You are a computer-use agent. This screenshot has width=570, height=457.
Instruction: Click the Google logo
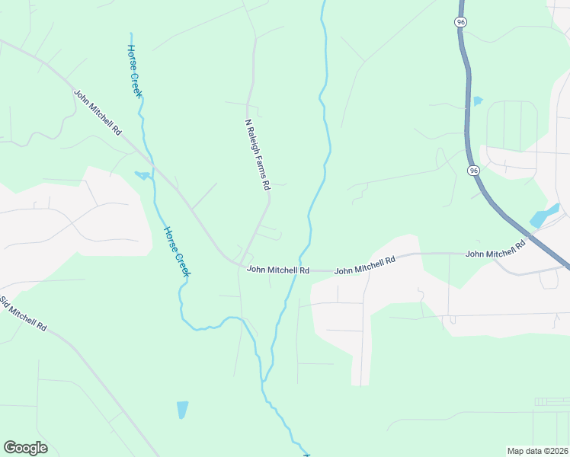pos(25,448)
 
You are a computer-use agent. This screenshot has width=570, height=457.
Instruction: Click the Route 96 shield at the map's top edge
pos(460,23)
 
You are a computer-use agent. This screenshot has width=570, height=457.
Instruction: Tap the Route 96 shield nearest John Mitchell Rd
pos(474,171)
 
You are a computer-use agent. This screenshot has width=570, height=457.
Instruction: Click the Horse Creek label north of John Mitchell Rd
pos(134,70)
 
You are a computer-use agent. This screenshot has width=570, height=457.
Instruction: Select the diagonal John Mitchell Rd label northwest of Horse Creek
pos(98,113)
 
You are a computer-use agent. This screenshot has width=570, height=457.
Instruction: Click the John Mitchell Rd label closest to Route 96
pos(496,248)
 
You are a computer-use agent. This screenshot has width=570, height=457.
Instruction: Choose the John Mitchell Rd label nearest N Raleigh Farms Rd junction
pos(277,270)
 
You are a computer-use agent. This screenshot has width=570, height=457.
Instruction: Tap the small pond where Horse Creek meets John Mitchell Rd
pos(142,176)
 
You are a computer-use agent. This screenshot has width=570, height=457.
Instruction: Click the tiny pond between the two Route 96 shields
pos(478,101)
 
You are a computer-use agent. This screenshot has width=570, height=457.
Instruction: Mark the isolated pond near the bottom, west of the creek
pos(182,409)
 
